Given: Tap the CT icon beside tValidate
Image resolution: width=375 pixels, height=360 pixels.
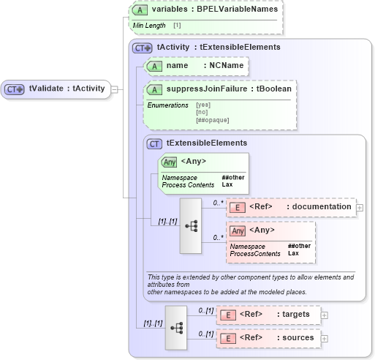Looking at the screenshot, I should point(15,89).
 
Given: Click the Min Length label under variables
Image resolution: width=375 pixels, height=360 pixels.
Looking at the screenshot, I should point(148,26).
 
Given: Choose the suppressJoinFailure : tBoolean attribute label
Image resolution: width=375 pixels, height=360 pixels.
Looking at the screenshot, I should point(229,89).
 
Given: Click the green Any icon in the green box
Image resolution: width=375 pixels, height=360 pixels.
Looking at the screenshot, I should point(169,162).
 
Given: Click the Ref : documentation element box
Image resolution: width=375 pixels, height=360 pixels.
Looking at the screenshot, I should point(290,207).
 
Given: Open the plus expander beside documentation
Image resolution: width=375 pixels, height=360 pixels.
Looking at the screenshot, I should point(360,207).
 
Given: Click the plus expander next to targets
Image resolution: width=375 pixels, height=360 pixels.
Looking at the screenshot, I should point(325,315).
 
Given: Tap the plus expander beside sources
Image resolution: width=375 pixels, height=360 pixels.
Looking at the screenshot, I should point(325,338).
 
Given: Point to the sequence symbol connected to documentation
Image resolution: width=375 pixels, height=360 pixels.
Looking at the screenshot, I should point(192,226).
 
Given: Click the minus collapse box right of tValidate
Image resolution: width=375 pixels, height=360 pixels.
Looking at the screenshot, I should point(115,89).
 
